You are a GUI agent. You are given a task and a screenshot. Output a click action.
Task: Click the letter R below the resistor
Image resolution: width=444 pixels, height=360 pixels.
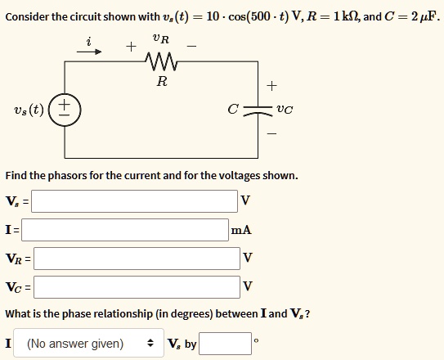point(161,81)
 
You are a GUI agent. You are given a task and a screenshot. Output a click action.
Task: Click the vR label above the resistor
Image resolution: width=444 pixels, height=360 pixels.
point(161,38)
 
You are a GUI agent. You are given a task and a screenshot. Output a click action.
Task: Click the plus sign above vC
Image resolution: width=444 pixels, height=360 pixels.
point(272,84)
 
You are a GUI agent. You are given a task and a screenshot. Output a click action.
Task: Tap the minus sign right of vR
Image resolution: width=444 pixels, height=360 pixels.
point(192,46)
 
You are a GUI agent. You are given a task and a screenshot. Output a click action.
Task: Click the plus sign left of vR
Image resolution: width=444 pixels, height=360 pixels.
point(131,47)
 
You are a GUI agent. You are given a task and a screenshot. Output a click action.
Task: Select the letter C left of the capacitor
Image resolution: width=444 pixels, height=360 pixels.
point(233,110)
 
